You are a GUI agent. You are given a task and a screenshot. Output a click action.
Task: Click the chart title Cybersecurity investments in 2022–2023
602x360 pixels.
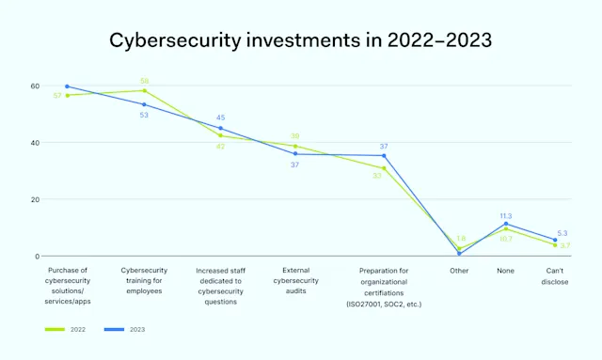point(300,40)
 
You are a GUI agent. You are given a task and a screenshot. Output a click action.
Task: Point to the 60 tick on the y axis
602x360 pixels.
point(34,86)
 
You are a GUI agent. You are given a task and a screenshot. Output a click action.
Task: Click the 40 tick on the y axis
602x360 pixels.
point(34,143)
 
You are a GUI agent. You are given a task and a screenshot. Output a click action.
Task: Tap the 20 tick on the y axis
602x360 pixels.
point(34,199)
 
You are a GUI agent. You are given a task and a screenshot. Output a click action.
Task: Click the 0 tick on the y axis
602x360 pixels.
point(36,256)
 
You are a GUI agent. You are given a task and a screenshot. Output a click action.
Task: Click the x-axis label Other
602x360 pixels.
point(459,271)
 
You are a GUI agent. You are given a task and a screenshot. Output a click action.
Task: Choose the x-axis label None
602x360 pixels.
point(506,271)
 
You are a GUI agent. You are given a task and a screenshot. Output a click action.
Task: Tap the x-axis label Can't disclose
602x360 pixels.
point(555,275)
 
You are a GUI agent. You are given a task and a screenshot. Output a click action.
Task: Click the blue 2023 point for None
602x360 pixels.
point(506,224)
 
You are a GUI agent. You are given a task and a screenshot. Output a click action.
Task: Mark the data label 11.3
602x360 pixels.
point(506,215)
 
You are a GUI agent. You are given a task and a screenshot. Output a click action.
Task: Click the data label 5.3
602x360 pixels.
point(562,232)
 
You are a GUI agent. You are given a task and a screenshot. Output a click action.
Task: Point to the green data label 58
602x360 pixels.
point(144,81)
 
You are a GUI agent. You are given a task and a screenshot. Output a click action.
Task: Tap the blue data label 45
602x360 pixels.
point(220,117)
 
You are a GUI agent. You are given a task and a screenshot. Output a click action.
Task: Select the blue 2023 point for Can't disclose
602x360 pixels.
point(555,241)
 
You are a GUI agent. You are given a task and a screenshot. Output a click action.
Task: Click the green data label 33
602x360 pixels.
point(376,176)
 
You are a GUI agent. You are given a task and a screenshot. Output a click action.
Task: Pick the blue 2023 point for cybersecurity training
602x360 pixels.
point(144,104)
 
